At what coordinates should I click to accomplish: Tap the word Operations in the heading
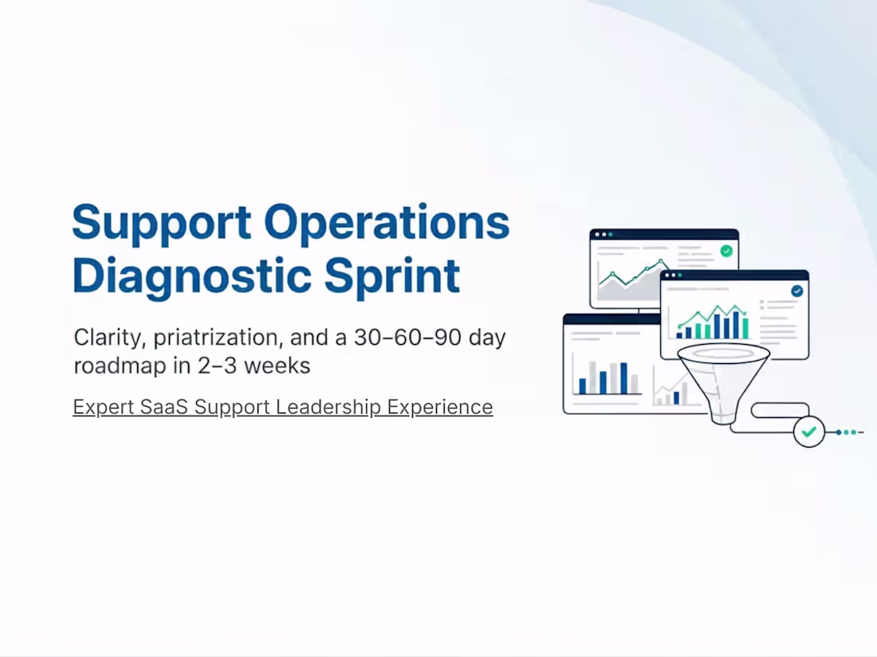[387, 224]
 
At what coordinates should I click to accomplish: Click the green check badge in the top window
[726, 251]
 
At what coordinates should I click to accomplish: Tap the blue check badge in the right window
[796, 291]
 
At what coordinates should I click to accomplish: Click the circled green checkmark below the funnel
[809, 432]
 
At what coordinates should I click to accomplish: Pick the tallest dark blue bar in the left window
[623, 378]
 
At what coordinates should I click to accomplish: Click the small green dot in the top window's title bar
[612, 234]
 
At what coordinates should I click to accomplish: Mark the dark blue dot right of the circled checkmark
[839, 432]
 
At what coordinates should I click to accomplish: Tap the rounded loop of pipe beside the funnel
[781, 411]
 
